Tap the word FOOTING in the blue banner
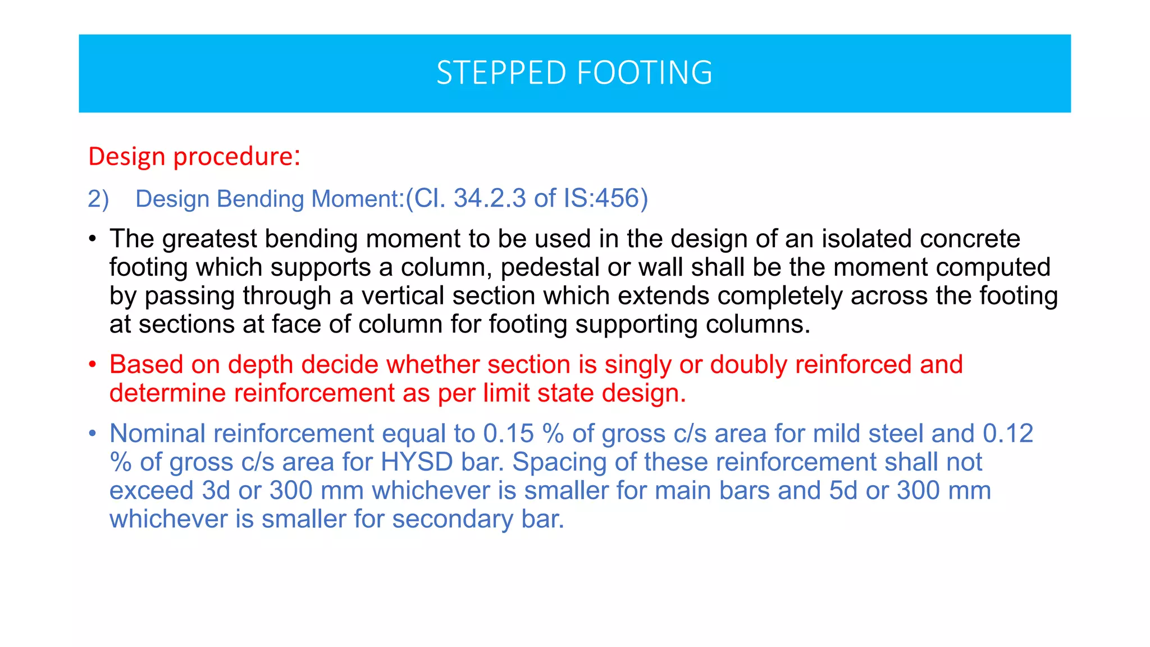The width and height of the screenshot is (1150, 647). (645, 73)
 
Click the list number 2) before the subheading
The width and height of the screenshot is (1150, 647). (98, 199)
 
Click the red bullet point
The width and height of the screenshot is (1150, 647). (93, 365)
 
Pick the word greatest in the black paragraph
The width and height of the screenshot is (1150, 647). (209, 239)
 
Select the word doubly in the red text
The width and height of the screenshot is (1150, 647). (749, 365)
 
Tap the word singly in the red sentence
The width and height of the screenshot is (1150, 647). (637, 365)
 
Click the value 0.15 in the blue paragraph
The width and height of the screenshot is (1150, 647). (508, 434)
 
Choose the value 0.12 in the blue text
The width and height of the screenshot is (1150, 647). (1008, 434)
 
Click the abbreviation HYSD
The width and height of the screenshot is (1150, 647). (417, 463)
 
